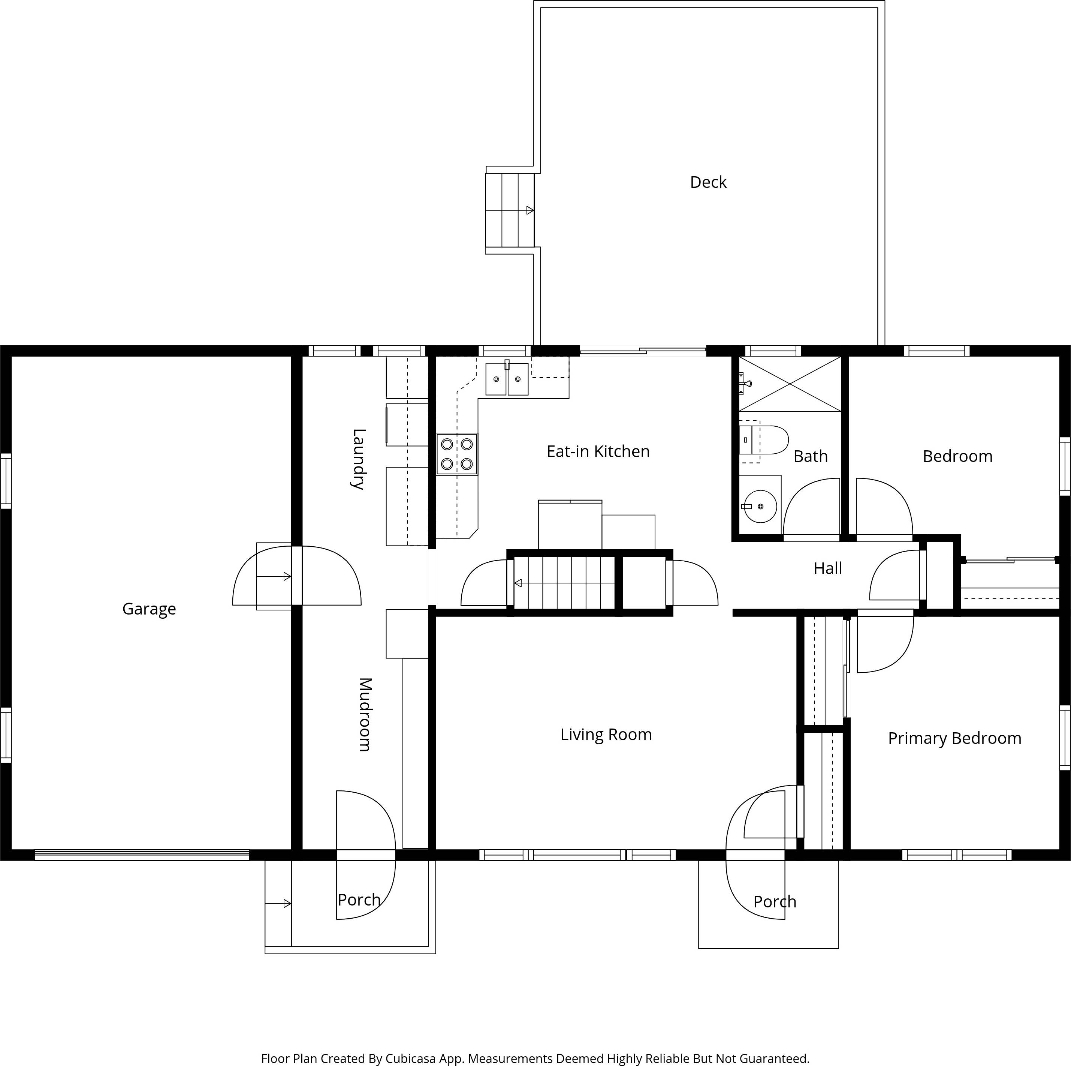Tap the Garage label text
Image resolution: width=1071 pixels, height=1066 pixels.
pos(149,609)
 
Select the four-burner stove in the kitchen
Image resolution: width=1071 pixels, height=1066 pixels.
pos(457,454)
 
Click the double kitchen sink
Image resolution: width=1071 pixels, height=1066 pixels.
pos(507,379)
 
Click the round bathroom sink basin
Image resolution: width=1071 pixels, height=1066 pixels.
pos(760,506)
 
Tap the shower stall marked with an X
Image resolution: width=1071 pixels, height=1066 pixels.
pos(790,384)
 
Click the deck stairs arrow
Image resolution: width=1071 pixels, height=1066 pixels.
pos(530,211)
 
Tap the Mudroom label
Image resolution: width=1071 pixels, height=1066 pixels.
pos(364,714)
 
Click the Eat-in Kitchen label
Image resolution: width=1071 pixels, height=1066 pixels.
pos(598,451)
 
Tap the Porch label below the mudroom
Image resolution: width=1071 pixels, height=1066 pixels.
pos(359,900)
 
